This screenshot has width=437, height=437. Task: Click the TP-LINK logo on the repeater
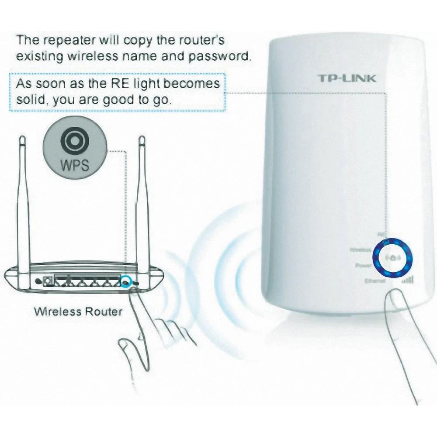point(346,79)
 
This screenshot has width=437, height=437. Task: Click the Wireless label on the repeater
point(361,250)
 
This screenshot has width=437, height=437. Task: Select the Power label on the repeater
point(364,265)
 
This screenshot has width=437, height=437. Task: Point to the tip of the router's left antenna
point(22,140)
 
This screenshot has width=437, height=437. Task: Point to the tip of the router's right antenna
point(141,140)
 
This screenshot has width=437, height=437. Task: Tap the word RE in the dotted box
point(123,83)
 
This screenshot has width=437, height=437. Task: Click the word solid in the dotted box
point(32,100)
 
